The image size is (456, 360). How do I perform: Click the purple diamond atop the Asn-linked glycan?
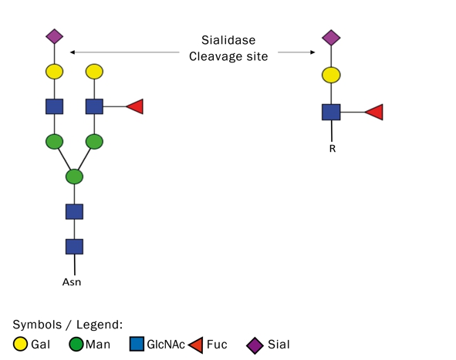pyautogui.click(x=54, y=36)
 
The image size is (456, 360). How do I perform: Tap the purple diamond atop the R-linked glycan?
pyautogui.click(x=331, y=38)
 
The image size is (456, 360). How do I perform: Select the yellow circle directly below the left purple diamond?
pyautogui.click(x=54, y=72)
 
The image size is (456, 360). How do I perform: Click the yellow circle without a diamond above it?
pyautogui.click(x=94, y=72)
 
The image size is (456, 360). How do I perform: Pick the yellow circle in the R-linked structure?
pyautogui.click(x=331, y=75)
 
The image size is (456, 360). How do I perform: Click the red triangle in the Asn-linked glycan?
pyautogui.click(x=136, y=106)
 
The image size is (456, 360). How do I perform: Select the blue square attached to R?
pyautogui.click(x=331, y=112)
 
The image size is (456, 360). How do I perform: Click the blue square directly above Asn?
pyautogui.click(x=74, y=247)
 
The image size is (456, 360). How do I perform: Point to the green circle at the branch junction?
pyautogui.click(x=74, y=177)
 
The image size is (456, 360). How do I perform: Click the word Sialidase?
pyautogui.click(x=228, y=40)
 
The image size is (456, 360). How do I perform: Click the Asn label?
pyautogui.click(x=72, y=282)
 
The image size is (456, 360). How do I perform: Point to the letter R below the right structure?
pyautogui.click(x=333, y=149)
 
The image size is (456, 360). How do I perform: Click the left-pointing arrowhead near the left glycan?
pyautogui.click(x=73, y=52)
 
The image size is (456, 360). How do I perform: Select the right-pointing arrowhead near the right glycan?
pyautogui.click(x=312, y=52)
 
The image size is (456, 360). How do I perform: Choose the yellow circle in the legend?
pyautogui.click(x=20, y=344)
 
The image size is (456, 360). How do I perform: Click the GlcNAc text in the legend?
pyautogui.click(x=166, y=345)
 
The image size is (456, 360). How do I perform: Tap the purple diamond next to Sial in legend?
pyautogui.click(x=255, y=345)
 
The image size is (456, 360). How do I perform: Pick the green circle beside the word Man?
pyautogui.click(x=76, y=344)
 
